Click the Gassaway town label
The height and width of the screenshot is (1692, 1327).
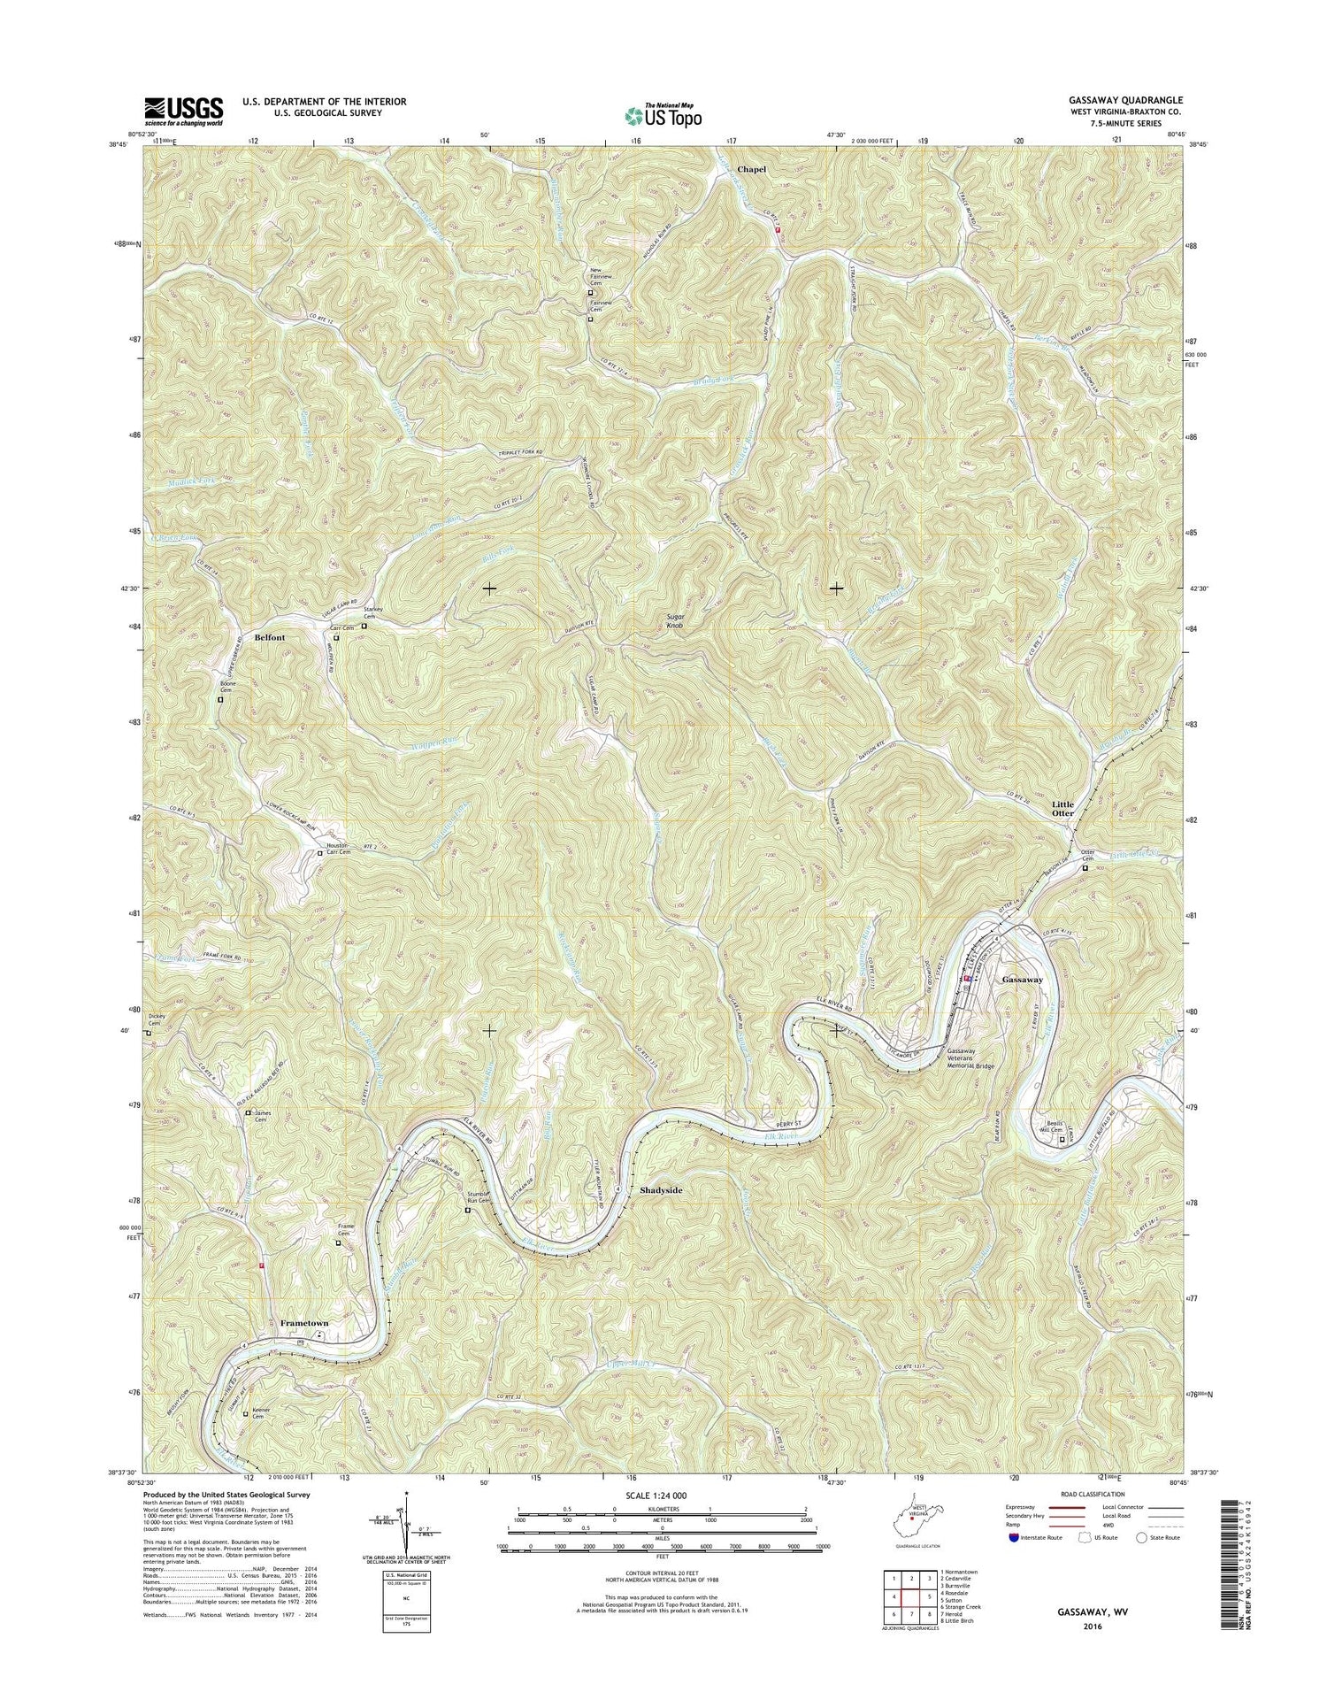pyautogui.click(x=1022, y=980)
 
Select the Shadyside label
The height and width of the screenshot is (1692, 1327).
pyautogui.click(x=661, y=1190)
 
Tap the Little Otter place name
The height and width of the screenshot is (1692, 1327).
pyautogui.click(x=1062, y=808)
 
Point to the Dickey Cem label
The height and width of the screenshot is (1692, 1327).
pyautogui.click(x=157, y=1019)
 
